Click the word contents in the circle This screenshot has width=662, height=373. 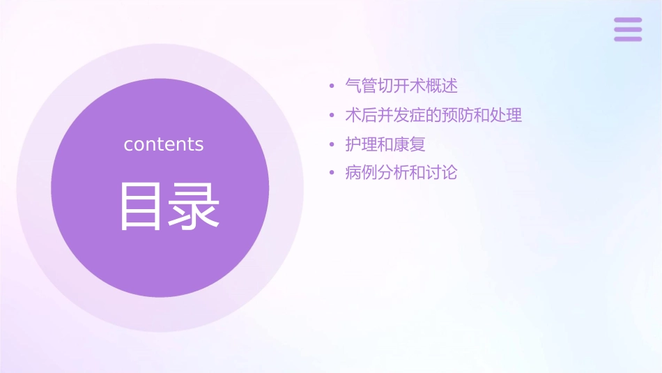click(x=164, y=144)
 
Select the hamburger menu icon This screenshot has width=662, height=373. click(x=628, y=29)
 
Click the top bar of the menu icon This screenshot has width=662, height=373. click(x=628, y=20)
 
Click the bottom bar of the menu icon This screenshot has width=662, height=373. click(x=628, y=38)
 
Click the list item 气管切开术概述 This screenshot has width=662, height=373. click(x=401, y=86)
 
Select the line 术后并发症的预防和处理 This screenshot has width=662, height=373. click(x=433, y=115)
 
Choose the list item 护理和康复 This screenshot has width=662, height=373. click(x=385, y=144)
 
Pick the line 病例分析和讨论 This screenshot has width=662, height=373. click(x=401, y=172)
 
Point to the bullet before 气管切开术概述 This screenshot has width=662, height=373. click(x=332, y=87)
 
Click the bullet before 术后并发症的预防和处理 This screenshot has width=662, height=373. click(x=332, y=116)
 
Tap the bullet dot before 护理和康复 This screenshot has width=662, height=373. click(x=332, y=145)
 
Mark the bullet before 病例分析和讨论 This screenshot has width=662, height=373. click(x=332, y=173)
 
